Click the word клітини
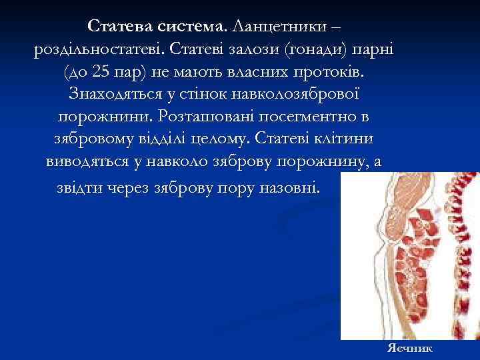pyautogui.click(x=343, y=139)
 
